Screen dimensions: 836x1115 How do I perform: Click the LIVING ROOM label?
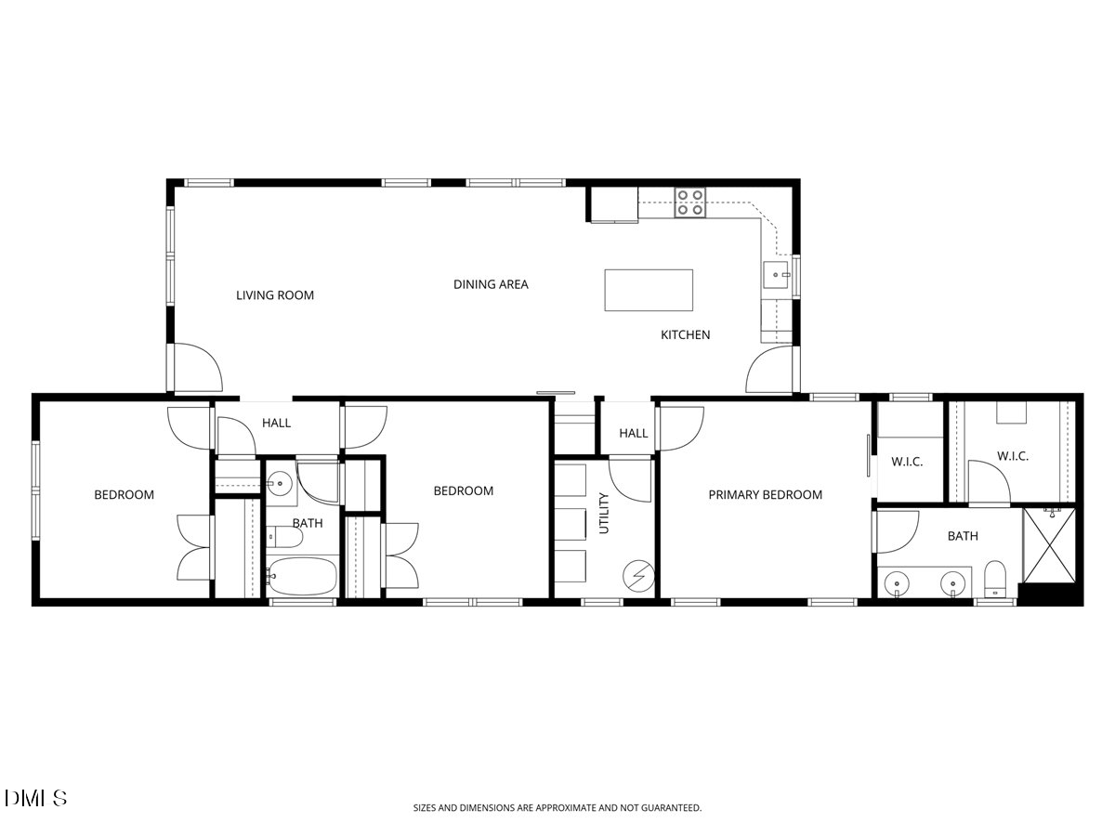275,295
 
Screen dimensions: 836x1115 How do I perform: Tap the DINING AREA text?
491,284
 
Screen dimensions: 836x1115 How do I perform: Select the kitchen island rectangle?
649,290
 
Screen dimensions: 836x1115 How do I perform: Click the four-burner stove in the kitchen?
689,202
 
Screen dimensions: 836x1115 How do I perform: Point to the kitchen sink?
776,275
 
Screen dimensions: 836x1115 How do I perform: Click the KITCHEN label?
685,334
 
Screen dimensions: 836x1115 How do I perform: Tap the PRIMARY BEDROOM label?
765,495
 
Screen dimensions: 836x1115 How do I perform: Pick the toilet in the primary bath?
995,580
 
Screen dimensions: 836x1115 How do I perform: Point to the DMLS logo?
35,798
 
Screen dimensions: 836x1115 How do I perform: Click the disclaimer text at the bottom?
557,808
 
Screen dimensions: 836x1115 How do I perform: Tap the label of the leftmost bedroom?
124,495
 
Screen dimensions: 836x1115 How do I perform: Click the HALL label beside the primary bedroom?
633,433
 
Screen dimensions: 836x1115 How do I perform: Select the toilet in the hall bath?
283,538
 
